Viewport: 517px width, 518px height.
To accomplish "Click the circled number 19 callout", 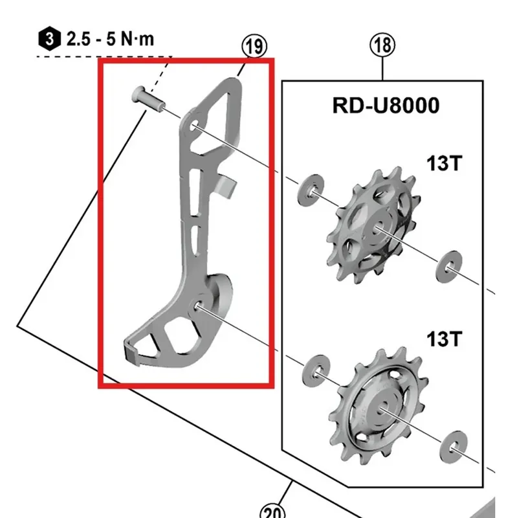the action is (x=254, y=46).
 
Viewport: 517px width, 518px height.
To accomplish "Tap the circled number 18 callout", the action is (x=382, y=45).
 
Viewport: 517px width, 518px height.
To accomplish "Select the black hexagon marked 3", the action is (x=50, y=39).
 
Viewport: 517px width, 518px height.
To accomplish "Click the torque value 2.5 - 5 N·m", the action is (x=110, y=39).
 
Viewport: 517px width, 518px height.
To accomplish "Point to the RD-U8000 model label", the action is (x=386, y=106).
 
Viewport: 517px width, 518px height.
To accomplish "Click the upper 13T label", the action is (x=444, y=163).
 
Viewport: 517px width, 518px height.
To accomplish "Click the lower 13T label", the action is (x=444, y=339).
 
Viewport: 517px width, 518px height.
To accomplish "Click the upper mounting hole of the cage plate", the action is (x=195, y=125).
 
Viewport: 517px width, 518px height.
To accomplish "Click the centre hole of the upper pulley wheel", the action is (x=378, y=228).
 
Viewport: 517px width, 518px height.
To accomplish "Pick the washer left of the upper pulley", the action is (x=311, y=190).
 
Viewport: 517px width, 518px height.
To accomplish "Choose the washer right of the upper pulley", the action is (x=448, y=267).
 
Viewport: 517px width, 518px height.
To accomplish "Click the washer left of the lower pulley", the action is (x=316, y=372).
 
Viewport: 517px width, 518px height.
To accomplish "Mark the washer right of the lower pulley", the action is (x=454, y=447).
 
